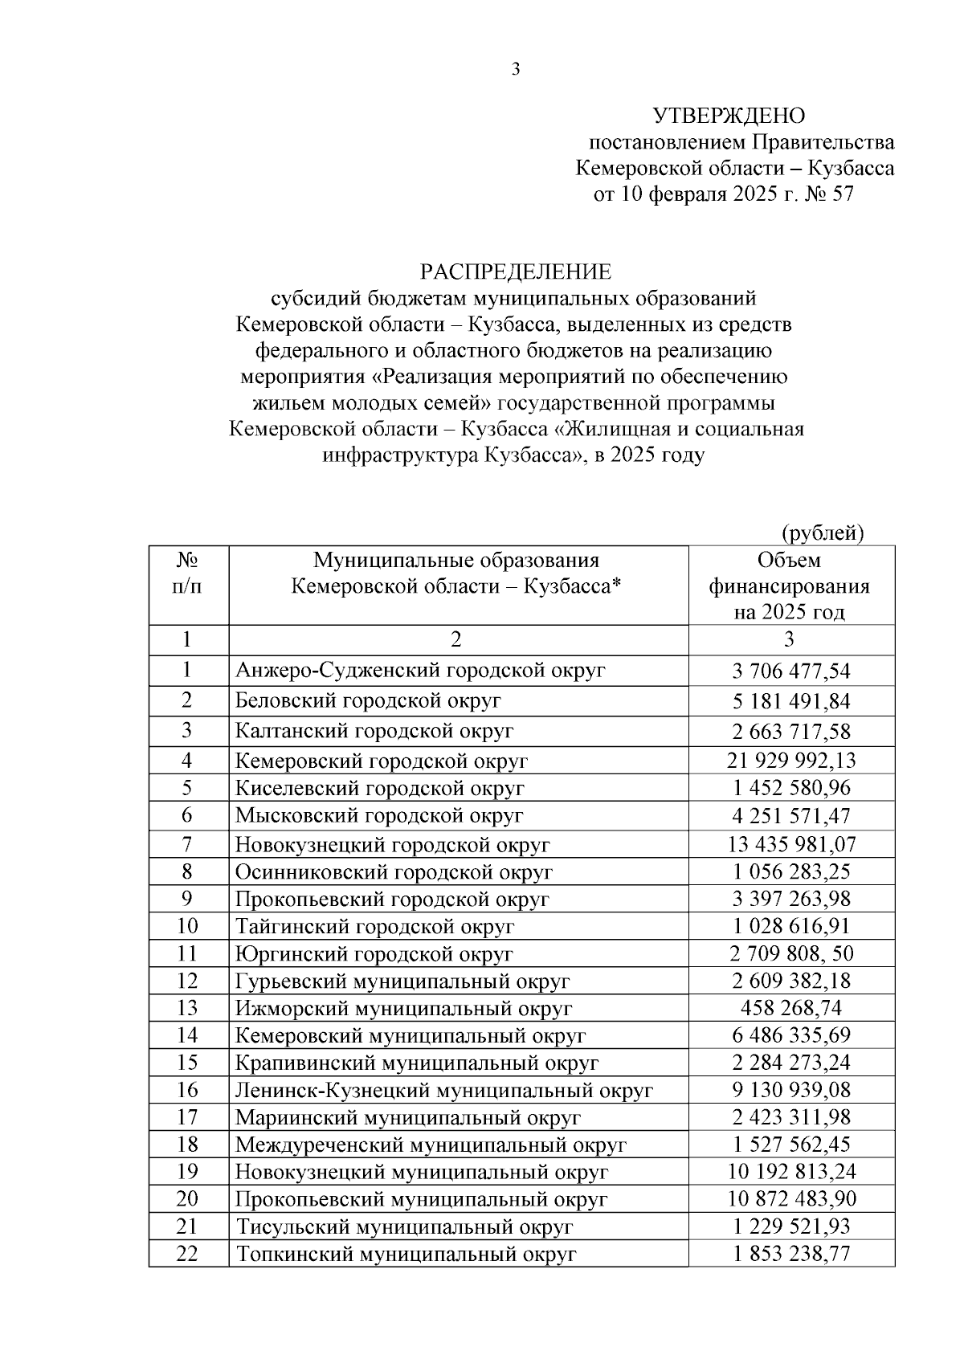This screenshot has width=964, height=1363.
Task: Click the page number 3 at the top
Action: point(516,70)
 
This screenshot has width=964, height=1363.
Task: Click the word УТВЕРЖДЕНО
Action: point(729,116)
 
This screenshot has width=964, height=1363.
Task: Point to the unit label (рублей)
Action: point(823,533)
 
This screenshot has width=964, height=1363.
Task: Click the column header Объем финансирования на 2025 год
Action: point(790,586)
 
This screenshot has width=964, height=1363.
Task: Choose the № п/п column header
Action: point(187,573)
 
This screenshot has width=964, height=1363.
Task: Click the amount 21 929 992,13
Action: point(790,760)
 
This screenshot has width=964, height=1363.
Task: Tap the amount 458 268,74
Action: point(790,1008)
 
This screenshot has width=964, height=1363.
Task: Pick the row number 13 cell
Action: point(187,1008)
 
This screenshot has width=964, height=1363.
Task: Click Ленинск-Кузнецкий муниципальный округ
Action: point(443,1091)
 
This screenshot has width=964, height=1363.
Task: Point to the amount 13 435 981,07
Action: point(790,844)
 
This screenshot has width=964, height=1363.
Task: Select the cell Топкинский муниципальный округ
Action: point(406,1254)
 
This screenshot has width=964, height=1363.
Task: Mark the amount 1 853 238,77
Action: point(790,1254)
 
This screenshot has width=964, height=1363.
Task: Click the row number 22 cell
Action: point(187,1254)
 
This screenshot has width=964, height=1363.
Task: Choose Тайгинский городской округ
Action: point(374,926)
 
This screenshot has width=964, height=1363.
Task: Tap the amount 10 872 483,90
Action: point(790,1199)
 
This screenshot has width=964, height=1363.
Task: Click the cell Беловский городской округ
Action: point(368,700)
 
